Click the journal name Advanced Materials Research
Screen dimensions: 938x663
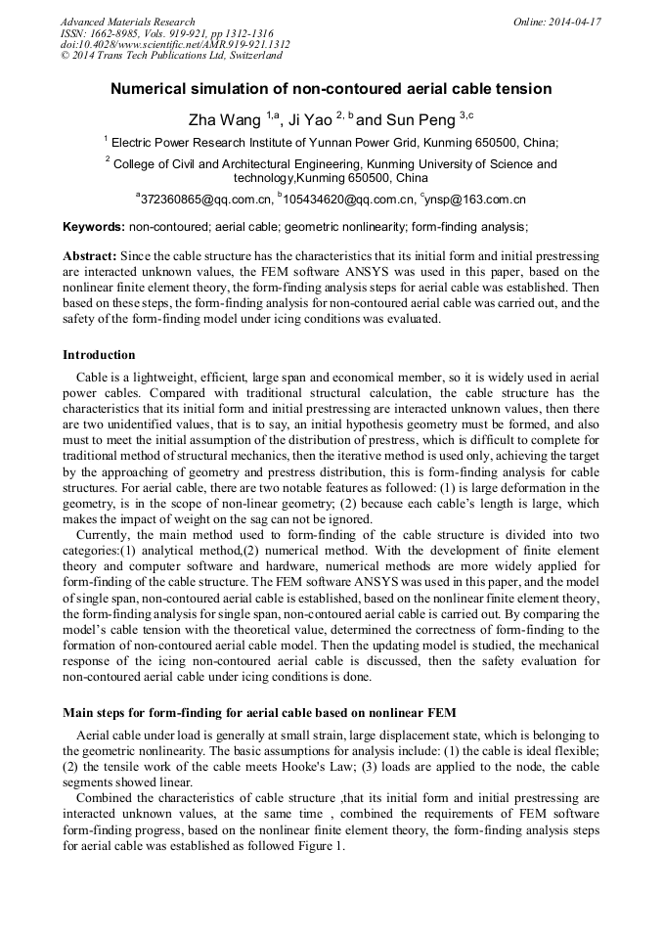coord(127,22)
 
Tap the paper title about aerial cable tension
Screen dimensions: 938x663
coord(331,89)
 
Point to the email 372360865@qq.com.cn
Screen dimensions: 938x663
coord(206,200)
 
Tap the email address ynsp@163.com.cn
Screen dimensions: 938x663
coord(475,200)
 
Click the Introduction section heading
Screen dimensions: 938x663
coord(99,355)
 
